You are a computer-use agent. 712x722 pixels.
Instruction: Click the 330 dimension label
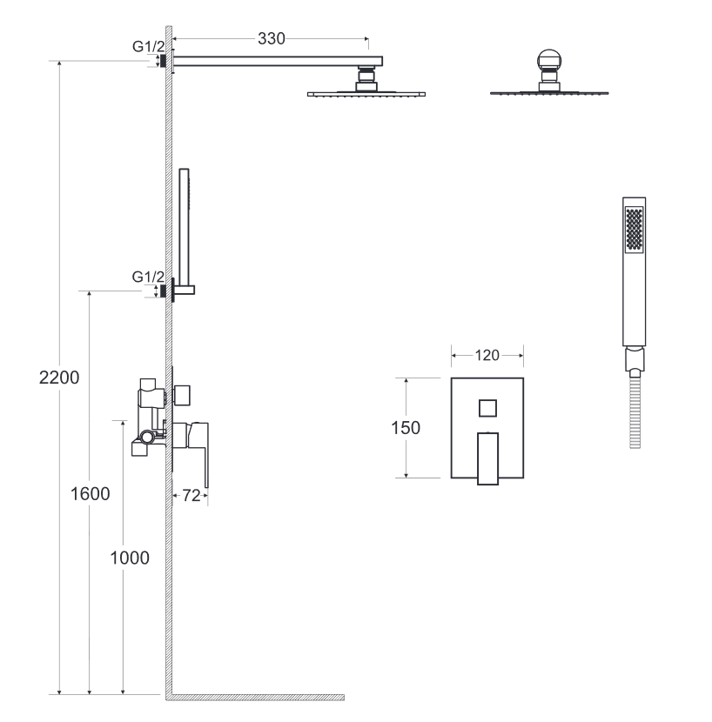[x=272, y=38]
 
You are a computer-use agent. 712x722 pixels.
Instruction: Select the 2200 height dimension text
[x=59, y=378]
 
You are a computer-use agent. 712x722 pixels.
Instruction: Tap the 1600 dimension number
[x=91, y=494]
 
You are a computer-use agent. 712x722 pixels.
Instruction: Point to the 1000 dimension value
[x=130, y=558]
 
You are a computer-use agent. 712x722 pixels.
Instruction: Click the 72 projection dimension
[x=191, y=496]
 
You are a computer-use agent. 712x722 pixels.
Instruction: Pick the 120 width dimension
[x=487, y=356]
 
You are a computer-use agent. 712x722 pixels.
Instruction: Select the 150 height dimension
[x=406, y=428]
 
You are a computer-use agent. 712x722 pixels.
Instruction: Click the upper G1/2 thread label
[x=148, y=46]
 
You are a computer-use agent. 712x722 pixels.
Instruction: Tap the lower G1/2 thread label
[x=148, y=277]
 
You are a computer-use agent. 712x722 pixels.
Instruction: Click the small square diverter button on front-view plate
[x=487, y=408]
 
